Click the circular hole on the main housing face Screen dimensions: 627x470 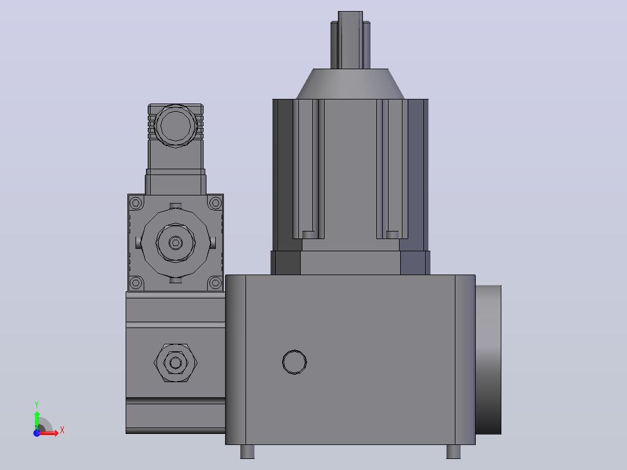(294, 362)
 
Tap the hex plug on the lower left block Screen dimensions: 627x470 (176, 363)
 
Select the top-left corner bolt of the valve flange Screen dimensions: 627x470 (136, 203)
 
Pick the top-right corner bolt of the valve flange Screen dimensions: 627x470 (216, 203)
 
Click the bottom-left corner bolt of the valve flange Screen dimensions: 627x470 (136, 283)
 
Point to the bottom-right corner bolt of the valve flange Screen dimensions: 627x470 (216, 283)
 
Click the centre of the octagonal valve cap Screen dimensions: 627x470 (176, 243)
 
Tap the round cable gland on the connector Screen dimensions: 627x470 (176, 126)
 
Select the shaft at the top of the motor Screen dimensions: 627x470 (350, 40)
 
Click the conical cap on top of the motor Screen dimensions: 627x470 (350, 84)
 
